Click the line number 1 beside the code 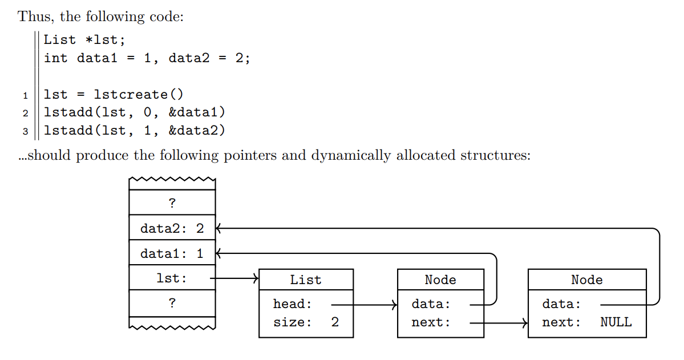(25, 95)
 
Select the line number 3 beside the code (25, 132)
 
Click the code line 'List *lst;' (84, 40)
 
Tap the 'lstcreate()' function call (139, 95)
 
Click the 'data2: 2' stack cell (172, 228)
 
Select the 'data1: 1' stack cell (172, 253)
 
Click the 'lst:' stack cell (172, 278)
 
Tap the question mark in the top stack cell (172, 203)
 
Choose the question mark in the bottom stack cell (172, 303)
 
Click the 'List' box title (306, 280)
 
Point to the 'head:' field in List (293, 304)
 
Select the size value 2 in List (335, 322)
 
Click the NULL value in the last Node (616, 322)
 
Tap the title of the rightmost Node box (586, 280)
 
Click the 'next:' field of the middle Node (431, 322)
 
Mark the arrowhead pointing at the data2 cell (218, 228)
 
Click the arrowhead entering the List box (256, 278)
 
